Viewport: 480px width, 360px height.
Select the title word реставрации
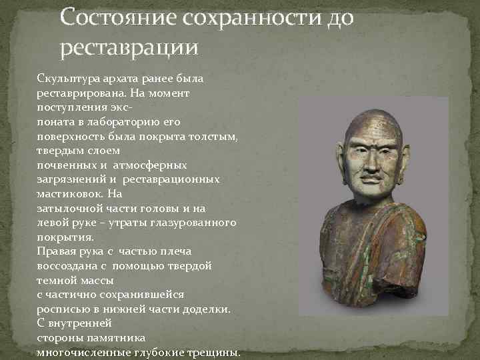pyautogui.click(x=129, y=47)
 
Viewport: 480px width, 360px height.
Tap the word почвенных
pyautogui.click(x=65, y=165)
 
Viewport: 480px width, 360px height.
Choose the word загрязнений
pyautogui.click(x=70, y=179)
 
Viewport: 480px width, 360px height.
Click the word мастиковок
pyautogui.click(x=69, y=194)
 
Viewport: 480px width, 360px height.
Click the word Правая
pyautogui.click(x=56, y=251)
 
